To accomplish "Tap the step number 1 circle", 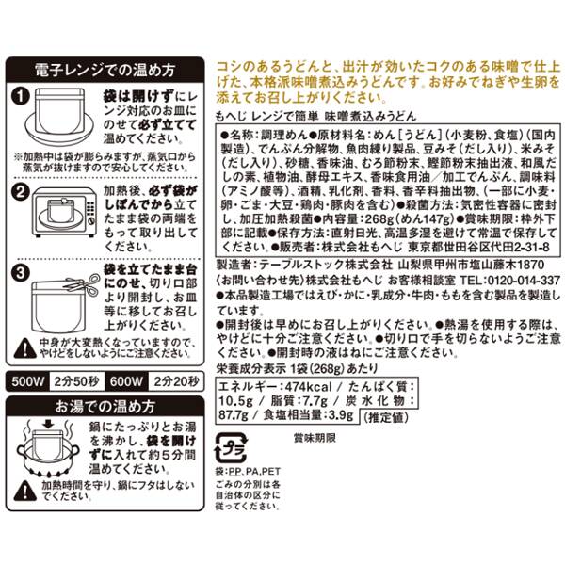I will pos(23,95).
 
